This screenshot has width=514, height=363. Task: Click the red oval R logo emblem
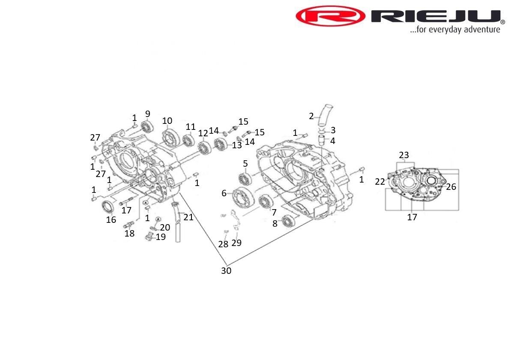pyautogui.click(x=330, y=16)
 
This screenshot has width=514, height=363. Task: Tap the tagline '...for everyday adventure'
pyautogui.click(x=455, y=30)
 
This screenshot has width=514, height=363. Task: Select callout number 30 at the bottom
pyautogui.click(x=226, y=271)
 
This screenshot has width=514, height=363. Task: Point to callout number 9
pyautogui.click(x=148, y=114)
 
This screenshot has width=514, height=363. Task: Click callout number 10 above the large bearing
pyautogui.click(x=167, y=120)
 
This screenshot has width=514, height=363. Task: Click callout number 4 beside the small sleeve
pyautogui.click(x=332, y=141)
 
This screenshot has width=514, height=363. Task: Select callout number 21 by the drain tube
pyautogui.click(x=188, y=217)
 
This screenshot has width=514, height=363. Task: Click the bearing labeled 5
pyautogui.click(x=245, y=179)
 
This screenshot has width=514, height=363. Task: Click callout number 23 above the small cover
pyautogui.click(x=404, y=155)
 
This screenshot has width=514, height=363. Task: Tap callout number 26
pyautogui.click(x=451, y=187)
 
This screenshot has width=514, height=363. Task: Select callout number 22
pyautogui.click(x=380, y=182)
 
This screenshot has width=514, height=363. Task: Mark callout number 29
pyautogui.click(x=236, y=243)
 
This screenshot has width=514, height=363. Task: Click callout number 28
pyautogui.click(x=223, y=244)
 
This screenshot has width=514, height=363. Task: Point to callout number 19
pyautogui.click(x=161, y=237)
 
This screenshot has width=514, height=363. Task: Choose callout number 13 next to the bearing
pyautogui.click(x=237, y=145)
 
